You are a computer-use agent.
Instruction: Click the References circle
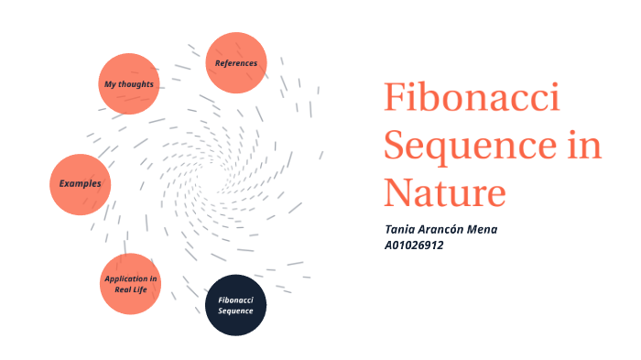click(236, 63)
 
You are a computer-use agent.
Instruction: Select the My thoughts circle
click(128, 84)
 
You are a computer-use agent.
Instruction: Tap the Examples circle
click(81, 184)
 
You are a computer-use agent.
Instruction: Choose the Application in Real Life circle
click(131, 284)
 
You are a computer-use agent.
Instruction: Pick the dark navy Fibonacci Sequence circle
click(235, 305)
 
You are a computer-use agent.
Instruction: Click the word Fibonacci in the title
click(472, 99)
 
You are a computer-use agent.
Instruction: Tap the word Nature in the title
click(444, 192)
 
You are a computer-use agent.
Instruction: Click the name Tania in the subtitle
click(402, 229)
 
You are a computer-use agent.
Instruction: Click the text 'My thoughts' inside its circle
click(128, 84)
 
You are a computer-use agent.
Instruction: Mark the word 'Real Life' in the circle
click(131, 289)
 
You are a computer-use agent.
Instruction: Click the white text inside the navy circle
click(235, 305)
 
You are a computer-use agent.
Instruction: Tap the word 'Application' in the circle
click(131, 278)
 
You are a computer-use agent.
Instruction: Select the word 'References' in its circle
click(236, 63)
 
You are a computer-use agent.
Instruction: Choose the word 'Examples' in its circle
click(81, 184)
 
